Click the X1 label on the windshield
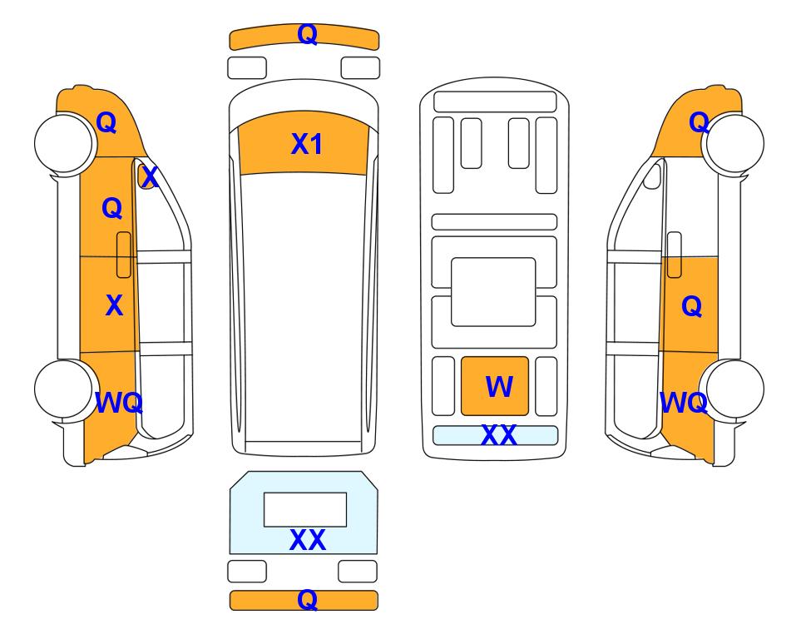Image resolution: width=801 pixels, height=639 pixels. (306, 144)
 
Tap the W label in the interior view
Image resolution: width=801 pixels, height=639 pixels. (499, 386)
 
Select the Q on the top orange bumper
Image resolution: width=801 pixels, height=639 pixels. (308, 35)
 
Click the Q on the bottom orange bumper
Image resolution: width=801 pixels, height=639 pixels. (307, 600)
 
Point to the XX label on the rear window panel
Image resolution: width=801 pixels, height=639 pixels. (308, 540)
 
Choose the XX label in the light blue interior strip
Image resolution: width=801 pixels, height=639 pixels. (498, 435)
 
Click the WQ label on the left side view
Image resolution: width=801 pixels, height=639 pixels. (119, 403)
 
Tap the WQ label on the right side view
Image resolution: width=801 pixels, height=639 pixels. (684, 403)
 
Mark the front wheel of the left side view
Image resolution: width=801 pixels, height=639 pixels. (64, 143)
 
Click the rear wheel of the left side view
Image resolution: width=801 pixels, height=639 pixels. (64, 389)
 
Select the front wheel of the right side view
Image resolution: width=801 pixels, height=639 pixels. (734, 144)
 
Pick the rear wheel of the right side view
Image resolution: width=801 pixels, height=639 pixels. (734, 389)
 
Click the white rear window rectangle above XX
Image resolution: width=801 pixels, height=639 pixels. (305, 510)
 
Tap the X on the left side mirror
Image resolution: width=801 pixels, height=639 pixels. (150, 177)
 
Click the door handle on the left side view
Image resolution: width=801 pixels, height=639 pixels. (124, 255)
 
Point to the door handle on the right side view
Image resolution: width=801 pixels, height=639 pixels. (675, 255)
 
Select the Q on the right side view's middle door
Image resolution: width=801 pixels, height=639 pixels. (692, 307)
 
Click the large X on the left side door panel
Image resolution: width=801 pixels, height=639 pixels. (114, 305)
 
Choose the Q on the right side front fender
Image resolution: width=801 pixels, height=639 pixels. (699, 122)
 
